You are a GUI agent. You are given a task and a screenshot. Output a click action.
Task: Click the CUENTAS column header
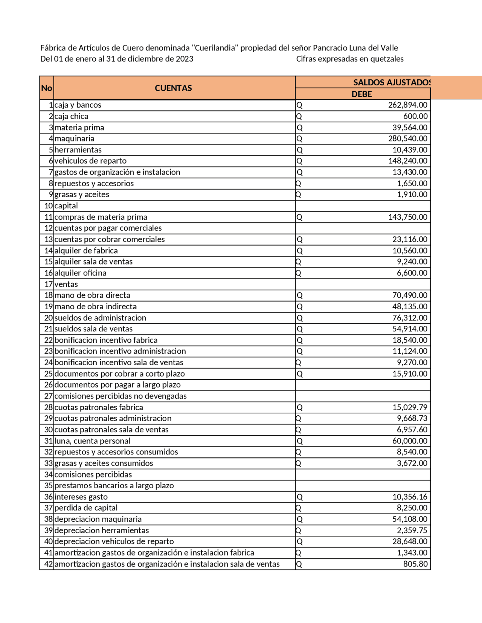pos(173,88)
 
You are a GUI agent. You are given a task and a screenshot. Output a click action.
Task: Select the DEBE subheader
pos(361,94)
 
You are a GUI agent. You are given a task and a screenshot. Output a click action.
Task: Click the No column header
pos(46,88)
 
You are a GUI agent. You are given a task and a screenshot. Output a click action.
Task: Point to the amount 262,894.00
pos(407,105)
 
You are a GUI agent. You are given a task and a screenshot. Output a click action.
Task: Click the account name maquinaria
pos(75,138)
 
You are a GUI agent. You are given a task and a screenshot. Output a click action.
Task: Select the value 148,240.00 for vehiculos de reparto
pos(407,161)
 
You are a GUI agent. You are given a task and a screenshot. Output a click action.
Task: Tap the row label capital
pos(66,206)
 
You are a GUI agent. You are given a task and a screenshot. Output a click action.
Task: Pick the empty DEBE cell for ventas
pos(362,284)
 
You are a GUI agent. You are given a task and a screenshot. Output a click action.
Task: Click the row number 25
pos(49,374)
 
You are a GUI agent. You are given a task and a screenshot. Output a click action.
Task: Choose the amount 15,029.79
pos(409,407)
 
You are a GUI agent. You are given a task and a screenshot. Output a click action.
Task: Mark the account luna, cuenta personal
pos(93,441)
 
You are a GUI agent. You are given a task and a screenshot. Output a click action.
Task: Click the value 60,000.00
pos(409,441)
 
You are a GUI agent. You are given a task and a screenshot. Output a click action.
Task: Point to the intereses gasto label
pos(81,497)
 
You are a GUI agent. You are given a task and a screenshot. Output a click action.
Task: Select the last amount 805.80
pos(415,564)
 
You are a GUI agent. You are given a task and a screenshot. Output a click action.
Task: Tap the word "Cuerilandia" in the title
pos(215,48)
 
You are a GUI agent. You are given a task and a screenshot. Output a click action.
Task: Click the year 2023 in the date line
pos(185,59)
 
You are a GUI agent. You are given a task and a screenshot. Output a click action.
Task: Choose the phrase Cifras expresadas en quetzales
pos(349,59)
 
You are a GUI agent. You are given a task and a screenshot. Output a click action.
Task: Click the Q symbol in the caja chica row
pos(299,116)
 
